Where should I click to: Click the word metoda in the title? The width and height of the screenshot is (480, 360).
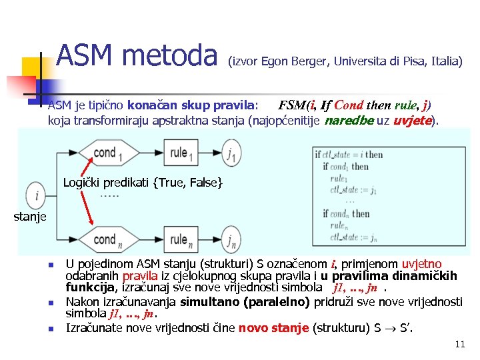pos(173,55)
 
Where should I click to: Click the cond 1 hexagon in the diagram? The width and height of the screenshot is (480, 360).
pos(107,153)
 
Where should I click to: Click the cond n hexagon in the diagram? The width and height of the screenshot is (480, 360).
pos(107,239)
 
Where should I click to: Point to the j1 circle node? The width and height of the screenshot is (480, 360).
pos(231,154)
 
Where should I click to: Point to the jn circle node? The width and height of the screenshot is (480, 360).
pos(231,239)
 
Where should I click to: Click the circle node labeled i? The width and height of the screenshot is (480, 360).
pos(35,197)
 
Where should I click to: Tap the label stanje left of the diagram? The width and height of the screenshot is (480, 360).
pos(30,217)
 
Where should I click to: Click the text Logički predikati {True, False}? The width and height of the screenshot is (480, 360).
pos(143,182)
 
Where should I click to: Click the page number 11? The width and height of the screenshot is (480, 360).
pos(459,344)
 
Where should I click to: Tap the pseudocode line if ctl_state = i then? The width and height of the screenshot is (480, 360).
pos(349,154)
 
